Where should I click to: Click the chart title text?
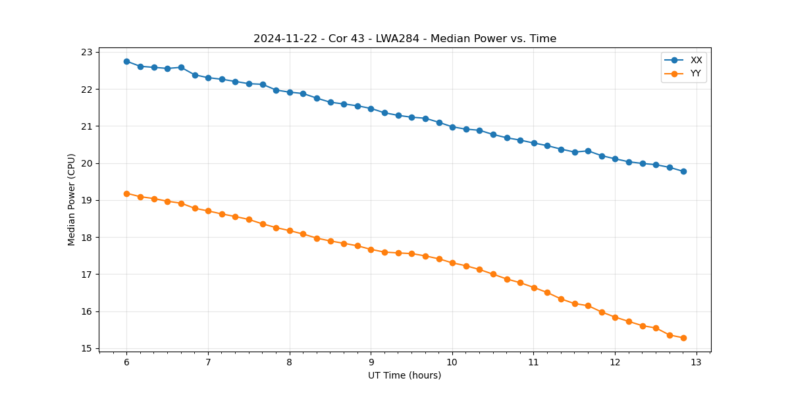[405, 39]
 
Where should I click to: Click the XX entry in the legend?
[696, 61]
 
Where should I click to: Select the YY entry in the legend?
[696, 74]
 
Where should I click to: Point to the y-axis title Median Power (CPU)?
[72, 199]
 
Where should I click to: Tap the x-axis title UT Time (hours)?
[404, 375]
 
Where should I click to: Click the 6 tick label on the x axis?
[126, 363]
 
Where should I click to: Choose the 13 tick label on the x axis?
[697, 363]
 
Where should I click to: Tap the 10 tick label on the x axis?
[452, 363]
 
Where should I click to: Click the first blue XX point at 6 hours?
[126, 61]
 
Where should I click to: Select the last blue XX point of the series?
[683, 171]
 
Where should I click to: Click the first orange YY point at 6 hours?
[126, 194]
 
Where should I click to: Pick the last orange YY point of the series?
[683, 338]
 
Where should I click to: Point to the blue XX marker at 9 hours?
[371, 109]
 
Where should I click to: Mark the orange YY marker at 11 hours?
[534, 288]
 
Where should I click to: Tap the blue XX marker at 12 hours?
[615, 159]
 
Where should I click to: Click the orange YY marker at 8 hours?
[290, 230]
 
